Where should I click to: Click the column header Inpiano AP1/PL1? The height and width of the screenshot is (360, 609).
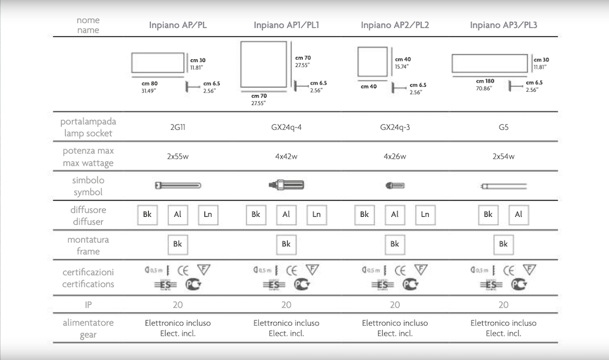[286, 26]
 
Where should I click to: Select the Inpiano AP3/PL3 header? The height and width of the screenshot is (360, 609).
[503, 26]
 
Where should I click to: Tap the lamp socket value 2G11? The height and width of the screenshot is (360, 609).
[178, 127]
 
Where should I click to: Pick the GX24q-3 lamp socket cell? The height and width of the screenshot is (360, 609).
[395, 127]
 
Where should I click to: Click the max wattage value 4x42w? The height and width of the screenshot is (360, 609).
[286, 156]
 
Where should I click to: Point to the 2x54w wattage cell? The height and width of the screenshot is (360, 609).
[503, 156]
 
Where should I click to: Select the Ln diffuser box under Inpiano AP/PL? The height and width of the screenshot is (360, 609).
[208, 214]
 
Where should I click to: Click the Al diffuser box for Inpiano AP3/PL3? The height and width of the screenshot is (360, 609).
[518, 214]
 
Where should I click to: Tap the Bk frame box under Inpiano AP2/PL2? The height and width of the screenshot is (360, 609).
[395, 244]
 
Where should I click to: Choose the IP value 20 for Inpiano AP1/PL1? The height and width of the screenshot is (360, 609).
[286, 305]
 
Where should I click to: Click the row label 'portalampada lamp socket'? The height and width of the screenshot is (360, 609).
[88, 127]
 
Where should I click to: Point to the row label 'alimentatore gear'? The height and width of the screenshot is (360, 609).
[88, 328]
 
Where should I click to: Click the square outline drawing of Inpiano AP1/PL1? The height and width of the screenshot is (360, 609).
[263, 65]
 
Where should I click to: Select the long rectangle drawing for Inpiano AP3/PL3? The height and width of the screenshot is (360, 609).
[490, 64]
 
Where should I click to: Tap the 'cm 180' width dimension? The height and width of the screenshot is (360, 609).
[485, 81]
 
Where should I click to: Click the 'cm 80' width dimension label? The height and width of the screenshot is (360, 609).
[149, 83]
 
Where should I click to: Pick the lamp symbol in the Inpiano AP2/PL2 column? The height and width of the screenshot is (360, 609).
[396, 186]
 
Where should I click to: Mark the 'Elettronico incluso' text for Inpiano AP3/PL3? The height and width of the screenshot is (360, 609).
[503, 323]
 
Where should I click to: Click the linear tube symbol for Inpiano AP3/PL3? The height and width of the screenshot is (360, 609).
[503, 186]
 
